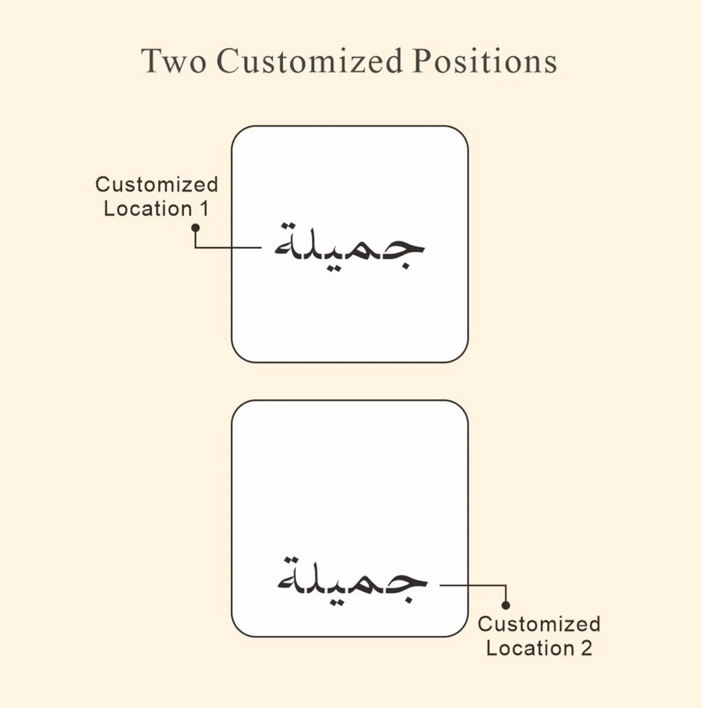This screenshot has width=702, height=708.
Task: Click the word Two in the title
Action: [x=174, y=61]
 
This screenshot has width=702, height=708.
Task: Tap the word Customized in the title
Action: [x=309, y=60]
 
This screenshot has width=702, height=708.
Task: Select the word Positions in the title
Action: [x=485, y=60]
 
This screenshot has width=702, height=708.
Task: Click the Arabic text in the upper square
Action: [x=350, y=248]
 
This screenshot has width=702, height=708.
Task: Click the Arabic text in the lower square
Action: [x=352, y=580]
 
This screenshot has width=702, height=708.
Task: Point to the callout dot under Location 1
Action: [x=195, y=228]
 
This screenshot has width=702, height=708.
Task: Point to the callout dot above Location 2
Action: [x=506, y=605]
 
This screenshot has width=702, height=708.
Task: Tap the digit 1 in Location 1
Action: [x=204, y=209]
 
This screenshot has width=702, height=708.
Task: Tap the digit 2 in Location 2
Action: [x=586, y=648]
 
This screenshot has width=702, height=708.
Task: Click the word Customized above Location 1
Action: [x=156, y=185]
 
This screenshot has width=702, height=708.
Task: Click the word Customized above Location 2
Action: [x=539, y=624]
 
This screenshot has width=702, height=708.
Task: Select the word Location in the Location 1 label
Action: [x=149, y=209]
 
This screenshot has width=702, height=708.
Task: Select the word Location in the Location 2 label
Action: [x=530, y=648]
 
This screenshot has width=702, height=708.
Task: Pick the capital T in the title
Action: [x=152, y=61]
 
